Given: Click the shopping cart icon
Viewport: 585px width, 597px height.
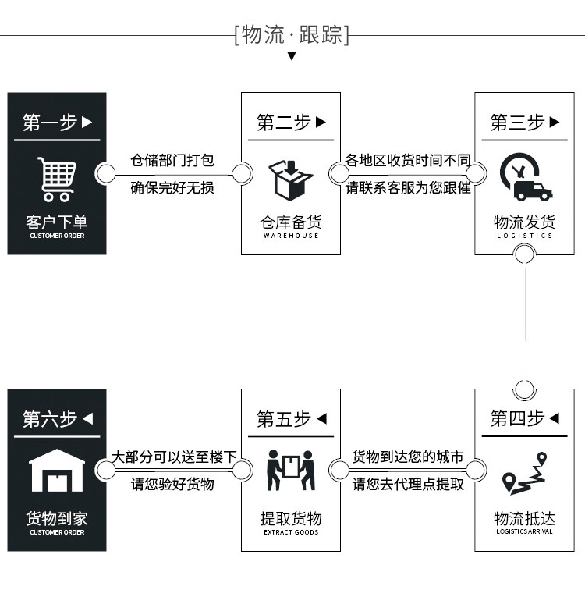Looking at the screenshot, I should pos(56,179).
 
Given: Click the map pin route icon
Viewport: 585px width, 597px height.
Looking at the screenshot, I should pos(524,474).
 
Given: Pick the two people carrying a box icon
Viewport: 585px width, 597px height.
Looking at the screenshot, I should pos(290,470).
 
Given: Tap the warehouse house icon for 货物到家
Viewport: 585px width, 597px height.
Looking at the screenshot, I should pos(56,471).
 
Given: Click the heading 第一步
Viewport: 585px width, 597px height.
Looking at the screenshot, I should pos(57,123).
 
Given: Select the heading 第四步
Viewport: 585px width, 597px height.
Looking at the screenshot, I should pos(524,419).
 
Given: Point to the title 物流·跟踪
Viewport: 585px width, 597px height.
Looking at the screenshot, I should pos(292,35).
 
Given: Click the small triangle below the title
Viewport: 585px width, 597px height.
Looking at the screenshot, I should pos(292,56).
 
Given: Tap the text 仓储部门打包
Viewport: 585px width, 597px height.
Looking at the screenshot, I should pos(172,162).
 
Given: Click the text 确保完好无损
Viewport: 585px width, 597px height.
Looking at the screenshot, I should pos(172,188).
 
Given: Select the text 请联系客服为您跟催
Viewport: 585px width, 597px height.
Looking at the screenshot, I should pos(408,188).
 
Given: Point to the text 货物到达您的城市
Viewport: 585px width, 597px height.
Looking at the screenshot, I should pos(408,457).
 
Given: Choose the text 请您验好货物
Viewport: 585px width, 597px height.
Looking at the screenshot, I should pos(172,484).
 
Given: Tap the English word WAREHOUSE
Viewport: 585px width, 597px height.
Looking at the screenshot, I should pos(291,236).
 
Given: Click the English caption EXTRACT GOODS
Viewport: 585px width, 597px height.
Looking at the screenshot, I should pos(291,532).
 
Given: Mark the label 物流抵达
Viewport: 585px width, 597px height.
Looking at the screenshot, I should pos(524,519).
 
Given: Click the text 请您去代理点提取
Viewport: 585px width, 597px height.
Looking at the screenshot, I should pos(408,484).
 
